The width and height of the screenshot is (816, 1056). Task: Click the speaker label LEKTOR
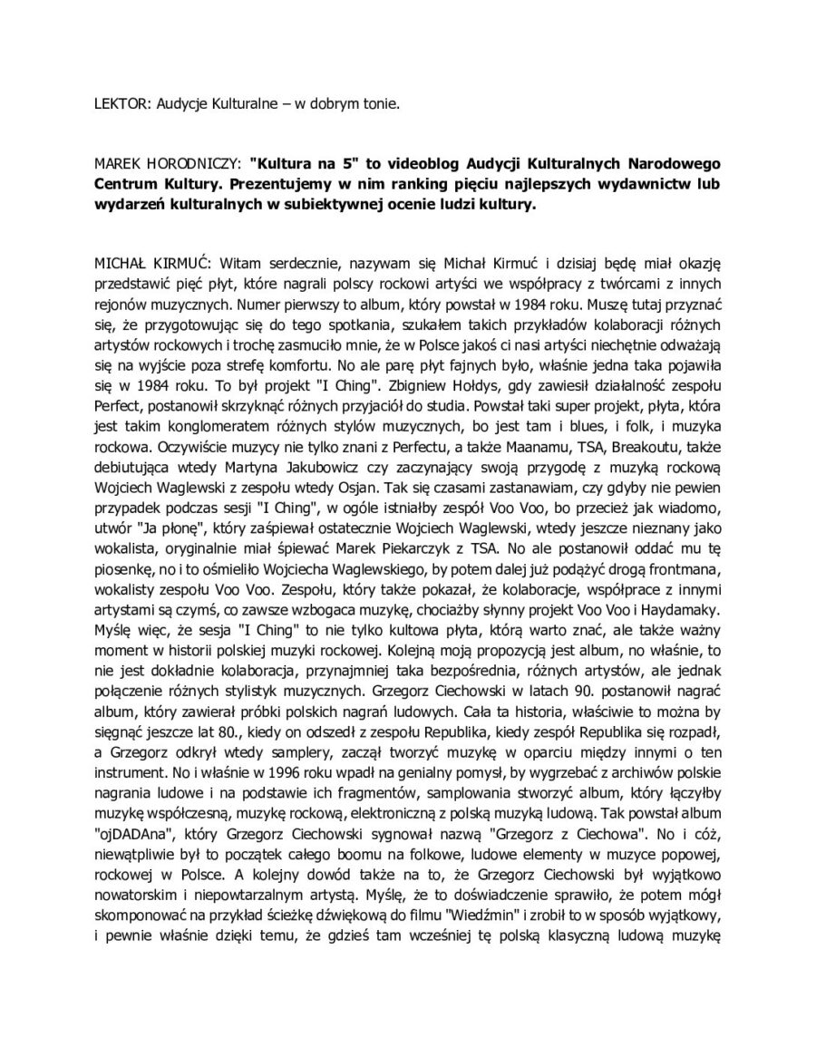pyautogui.click(x=122, y=104)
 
